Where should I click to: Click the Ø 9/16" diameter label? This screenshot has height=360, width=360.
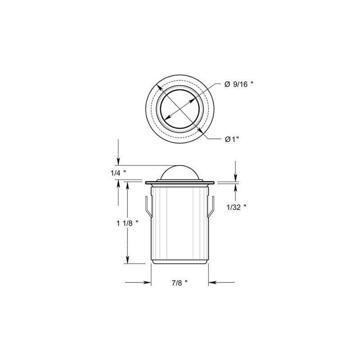click(x=238, y=85)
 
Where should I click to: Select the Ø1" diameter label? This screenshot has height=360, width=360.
click(x=232, y=139)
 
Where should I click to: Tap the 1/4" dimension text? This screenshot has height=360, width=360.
click(x=118, y=173)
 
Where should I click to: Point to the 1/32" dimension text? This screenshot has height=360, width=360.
click(x=237, y=207)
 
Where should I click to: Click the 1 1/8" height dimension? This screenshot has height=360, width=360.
click(x=127, y=223)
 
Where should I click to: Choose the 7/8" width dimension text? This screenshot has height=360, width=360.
click(x=180, y=283)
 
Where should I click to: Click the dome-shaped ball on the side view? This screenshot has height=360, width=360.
click(x=180, y=172)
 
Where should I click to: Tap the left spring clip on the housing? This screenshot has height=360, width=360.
click(x=148, y=206)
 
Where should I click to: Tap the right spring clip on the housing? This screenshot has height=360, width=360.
click(x=211, y=206)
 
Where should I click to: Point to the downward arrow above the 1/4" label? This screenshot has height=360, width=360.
click(x=118, y=152)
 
